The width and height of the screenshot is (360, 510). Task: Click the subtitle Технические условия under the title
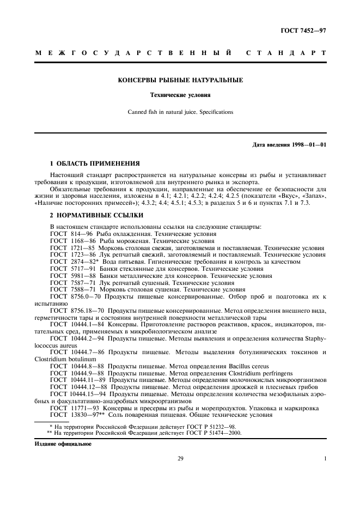click(x=180, y=95)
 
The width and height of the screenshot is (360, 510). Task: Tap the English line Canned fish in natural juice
click(x=180, y=112)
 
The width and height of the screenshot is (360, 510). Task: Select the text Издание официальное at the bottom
click(x=60, y=444)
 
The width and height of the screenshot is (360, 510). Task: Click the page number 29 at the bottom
click(x=180, y=459)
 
